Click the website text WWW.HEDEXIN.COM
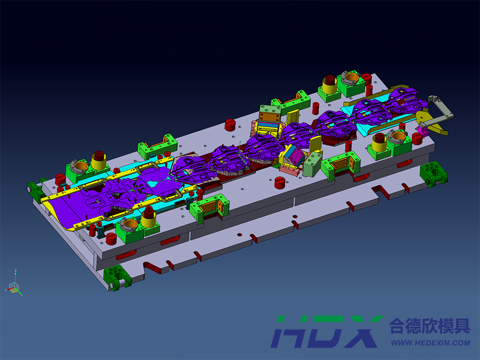(430, 343)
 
